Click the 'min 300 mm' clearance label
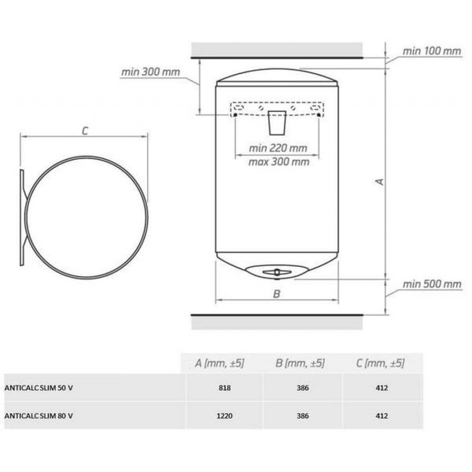click(151, 72)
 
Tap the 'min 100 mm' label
click(431, 51)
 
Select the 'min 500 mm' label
click(432, 284)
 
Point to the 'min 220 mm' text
click(278, 148)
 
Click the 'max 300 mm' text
click(279, 162)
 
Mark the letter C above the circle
click(85, 131)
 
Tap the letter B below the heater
click(277, 294)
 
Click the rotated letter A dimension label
click(380, 182)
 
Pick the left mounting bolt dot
click(236, 115)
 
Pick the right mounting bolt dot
click(319, 115)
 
